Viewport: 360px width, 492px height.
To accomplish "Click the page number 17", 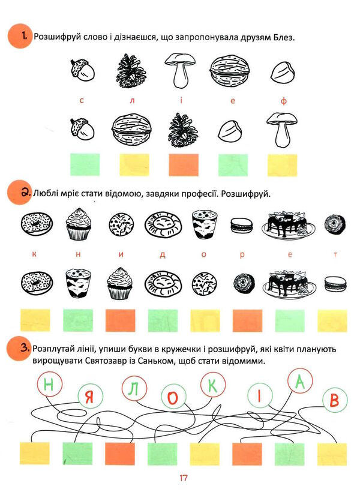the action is (x=183, y=478).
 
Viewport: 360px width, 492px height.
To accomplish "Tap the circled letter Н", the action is (x=49, y=384).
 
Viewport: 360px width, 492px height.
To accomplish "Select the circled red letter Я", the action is (x=89, y=398).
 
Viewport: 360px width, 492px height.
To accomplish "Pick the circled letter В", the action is (x=335, y=400).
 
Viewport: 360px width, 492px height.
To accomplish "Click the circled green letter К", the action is (x=213, y=385).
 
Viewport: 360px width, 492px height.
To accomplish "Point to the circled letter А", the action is (x=300, y=380).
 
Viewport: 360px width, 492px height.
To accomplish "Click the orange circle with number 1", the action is (x=20, y=36).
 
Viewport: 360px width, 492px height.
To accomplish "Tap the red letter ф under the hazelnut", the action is (x=284, y=101).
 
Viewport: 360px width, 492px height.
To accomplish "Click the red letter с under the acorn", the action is (x=82, y=101).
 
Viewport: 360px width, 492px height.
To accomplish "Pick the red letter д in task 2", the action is (x=162, y=254).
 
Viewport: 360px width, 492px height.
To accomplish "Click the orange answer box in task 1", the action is (x=184, y=165).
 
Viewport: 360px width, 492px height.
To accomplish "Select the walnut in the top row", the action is (x=230, y=71).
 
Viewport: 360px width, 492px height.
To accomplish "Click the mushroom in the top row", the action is (x=179, y=71).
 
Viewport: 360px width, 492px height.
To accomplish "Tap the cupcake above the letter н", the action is (x=79, y=223).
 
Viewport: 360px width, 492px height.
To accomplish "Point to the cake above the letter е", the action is (x=288, y=225).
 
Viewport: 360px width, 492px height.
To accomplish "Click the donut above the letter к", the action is (x=37, y=223).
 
